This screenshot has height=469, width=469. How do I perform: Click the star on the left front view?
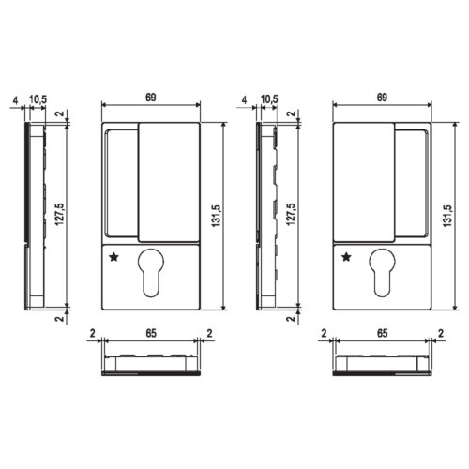coord(113,257)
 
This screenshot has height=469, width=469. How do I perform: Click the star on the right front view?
coord(346,257)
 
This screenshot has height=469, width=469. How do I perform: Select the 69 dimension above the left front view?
coord(151,98)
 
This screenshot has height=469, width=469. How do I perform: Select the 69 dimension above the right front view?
coord(382,98)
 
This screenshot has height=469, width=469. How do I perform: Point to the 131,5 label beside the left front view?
coord(217,216)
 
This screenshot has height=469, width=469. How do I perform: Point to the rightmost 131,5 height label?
coord(447,216)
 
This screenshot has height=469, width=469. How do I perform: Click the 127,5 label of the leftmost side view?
coord(59,214)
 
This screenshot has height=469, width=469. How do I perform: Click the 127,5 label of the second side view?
coord(291,214)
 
